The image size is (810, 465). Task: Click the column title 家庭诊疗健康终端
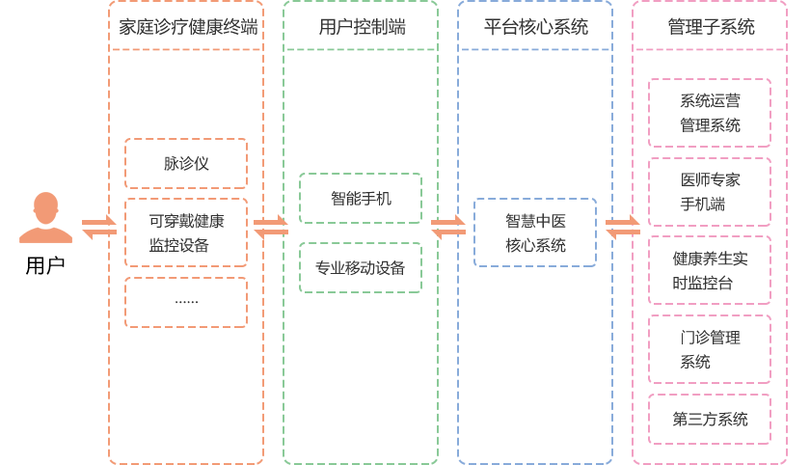(188, 27)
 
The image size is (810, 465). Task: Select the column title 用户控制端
(362, 27)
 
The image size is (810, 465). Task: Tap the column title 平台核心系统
(535, 27)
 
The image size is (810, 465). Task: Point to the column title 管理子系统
(711, 27)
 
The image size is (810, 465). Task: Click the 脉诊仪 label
(186, 163)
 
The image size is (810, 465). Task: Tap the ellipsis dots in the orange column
(186, 302)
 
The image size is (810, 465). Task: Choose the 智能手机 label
(361, 199)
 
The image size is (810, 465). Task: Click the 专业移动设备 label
(360, 268)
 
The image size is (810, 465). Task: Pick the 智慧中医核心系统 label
(535, 233)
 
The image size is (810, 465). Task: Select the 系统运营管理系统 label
(710, 113)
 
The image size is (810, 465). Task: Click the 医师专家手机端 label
(710, 192)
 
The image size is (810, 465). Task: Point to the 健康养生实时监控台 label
(710, 271)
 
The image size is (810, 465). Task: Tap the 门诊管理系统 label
(710, 349)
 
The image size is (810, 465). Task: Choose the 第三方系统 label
(710, 420)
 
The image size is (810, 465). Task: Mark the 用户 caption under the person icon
(45, 265)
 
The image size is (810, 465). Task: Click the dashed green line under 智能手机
(361, 222)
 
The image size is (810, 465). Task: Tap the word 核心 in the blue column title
(535, 27)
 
